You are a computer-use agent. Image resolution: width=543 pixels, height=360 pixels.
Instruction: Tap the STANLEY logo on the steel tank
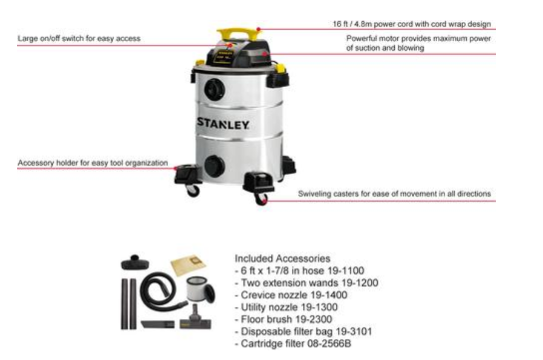pos(223,122)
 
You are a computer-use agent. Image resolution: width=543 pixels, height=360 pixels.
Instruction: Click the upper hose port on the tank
pos(213,90)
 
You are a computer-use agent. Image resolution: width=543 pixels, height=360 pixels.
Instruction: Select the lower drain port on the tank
pos(213,165)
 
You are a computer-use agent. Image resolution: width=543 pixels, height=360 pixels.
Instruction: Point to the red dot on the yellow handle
pos(259,28)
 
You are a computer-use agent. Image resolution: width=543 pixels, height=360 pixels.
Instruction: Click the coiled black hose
pos(158,289)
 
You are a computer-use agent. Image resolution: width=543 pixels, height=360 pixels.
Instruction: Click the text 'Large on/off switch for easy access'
pos(79,38)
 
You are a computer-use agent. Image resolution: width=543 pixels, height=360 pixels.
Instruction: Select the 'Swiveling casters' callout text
pos(394,194)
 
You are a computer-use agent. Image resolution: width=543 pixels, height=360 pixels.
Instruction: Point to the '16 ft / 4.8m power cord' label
pos(412,24)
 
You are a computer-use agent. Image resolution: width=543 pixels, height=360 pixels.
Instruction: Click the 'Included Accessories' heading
pos(282,258)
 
